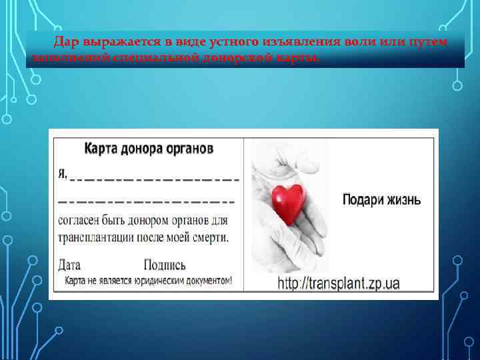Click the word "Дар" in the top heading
tap(67, 42)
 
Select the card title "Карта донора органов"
tap(149, 148)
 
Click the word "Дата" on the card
tap(69, 265)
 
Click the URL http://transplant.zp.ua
tap(339, 283)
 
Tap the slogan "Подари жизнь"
tap(381, 200)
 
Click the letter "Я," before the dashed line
tap(63, 175)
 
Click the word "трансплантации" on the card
tap(99, 237)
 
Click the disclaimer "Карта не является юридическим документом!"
tap(149, 281)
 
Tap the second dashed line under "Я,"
tap(147, 200)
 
